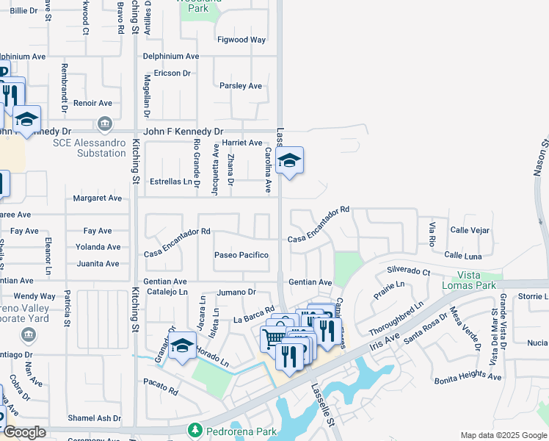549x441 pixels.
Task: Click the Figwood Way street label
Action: pos(241,40)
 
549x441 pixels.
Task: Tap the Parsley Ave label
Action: pos(241,86)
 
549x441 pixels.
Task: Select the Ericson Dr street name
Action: pos(172,73)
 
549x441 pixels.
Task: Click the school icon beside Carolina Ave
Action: pos(290,161)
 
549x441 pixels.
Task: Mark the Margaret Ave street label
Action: pos(97,198)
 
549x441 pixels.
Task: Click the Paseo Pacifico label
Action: pos(241,255)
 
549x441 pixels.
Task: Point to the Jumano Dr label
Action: pos(236,292)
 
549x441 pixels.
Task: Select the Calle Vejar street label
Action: pos(470,230)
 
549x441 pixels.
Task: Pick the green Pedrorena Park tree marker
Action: pos(195,429)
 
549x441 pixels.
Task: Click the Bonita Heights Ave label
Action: pos(468,377)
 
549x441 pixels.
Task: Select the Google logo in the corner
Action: pos(24,432)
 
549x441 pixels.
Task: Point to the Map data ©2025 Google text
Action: pos(503,435)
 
